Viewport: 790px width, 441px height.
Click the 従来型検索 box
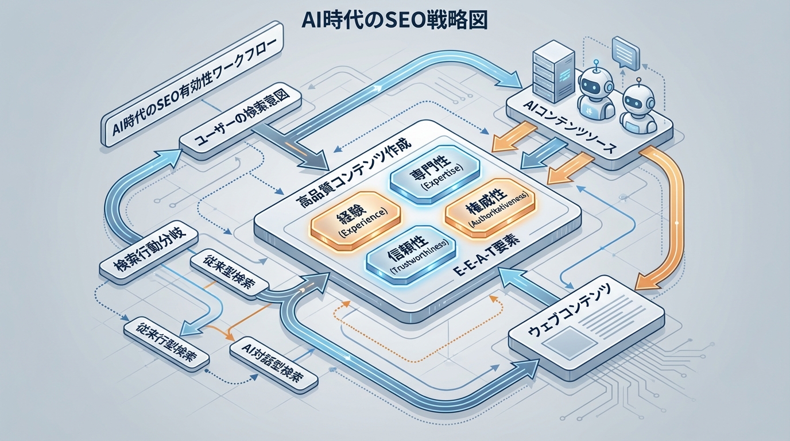[230, 274]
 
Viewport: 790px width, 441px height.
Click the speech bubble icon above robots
[625, 50]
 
